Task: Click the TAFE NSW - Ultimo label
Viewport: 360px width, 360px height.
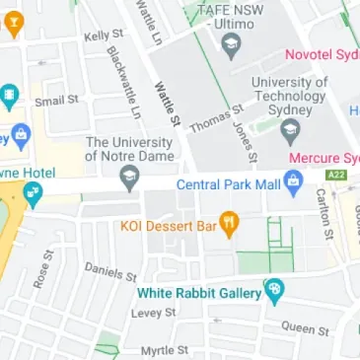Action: pyautogui.click(x=233, y=15)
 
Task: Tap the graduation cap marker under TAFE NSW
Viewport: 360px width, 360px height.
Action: pyautogui.click(x=231, y=44)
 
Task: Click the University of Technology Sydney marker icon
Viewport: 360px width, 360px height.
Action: pyautogui.click(x=289, y=129)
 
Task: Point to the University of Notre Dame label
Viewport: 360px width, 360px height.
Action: pyautogui.click(x=128, y=149)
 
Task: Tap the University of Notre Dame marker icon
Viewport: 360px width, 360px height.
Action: pyautogui.click(x=128, y=180)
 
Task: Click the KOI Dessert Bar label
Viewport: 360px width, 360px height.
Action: pyautogui.click(x=168, y=226)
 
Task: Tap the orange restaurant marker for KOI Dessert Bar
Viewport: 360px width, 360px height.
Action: pyautogui.click(x=230, y=225)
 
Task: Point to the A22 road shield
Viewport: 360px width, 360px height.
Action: pyautogui.click(x=335, y=175)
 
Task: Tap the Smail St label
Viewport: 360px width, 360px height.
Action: pyautogui.click(x=56, y=101)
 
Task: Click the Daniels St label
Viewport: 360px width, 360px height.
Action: pyautogui.click(x=109, y=269)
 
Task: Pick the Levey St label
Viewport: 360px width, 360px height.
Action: pyautogui.click(x=153, y=312)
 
